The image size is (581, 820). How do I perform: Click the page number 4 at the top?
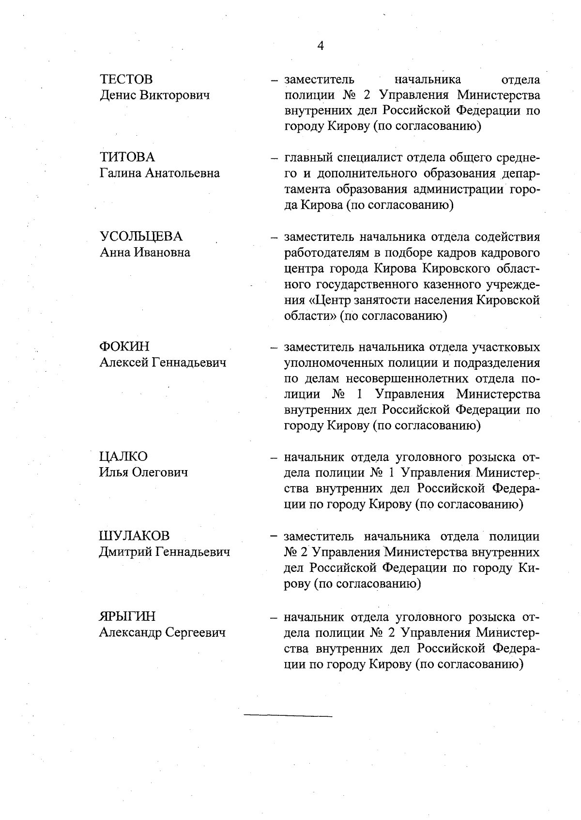tap(320, 46)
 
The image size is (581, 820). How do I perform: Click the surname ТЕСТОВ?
tap(126, 79)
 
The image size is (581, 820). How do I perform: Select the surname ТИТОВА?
tap(127, 157)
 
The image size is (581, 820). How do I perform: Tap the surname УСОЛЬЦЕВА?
tap(141, 237)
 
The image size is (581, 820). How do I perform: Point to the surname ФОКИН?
tap(124, 347)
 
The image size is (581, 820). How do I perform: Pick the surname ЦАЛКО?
tap(123, 457)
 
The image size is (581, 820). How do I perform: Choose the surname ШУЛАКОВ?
tap(135, 536)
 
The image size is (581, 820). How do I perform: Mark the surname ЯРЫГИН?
tap(127, 616)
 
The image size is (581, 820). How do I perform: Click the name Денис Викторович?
tap(155, 95)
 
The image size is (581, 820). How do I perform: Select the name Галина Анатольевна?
tap(160, 173)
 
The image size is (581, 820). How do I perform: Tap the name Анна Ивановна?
tap(145, 252)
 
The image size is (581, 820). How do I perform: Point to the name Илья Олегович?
tap(143, 473)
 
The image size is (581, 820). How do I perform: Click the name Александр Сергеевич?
tap(162, 632)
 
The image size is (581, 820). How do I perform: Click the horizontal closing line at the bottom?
tap(288, 716)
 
